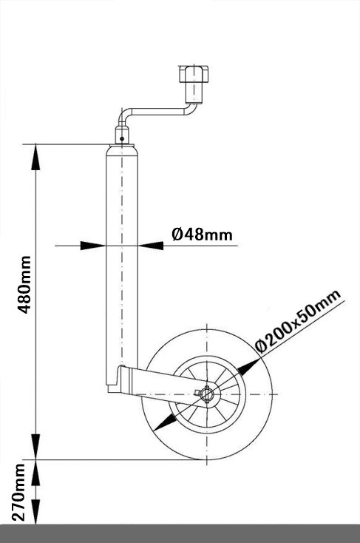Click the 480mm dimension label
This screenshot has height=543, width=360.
pyautogui.click(x=24, y=285)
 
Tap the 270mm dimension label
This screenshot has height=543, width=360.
pyautogui.click(x=19, y=492)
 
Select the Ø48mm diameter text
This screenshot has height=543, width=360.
pyautogui.click(x=202, y=235)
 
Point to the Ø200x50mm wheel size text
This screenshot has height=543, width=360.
pyautogui.click(x=298, y=320)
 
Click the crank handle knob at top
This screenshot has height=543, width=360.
pyautogui.click(x=194, y=73)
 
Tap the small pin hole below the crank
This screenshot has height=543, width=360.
pyautogui.click(x=122, y=139)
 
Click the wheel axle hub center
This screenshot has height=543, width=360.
pyautogui.click(x=207, y=394)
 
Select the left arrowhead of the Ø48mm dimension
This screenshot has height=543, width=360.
pyautogui.click(x=92, y=246)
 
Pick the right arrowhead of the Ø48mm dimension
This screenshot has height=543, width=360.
pyautogui.click(x=151, y=246)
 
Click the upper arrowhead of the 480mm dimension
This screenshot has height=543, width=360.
pyautogui.click(x=35, y=157)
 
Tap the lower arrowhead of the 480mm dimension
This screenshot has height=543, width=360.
pyautogui.click(x=35, y=447)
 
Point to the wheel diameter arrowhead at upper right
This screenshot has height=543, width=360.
pyautogui.click(x=248, y=367)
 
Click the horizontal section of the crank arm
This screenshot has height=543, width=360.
pyautogui.click(x=157, y=112)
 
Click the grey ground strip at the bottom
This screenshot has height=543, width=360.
pyautogui.click(x=180, y=533)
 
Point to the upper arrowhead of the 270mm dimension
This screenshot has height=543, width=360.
pyautogui.click(x=35, y=473)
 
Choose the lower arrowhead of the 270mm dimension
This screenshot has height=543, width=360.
pyautogui.click(x=35, y=511)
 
